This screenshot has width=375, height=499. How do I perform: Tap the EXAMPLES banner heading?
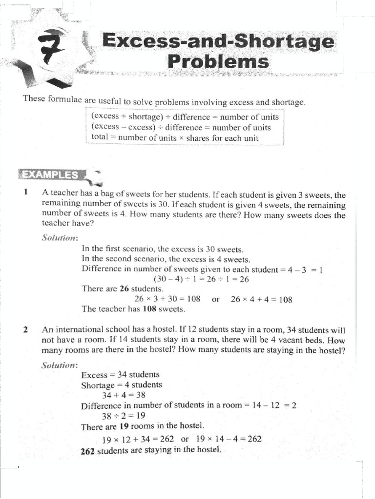tap(49, 175)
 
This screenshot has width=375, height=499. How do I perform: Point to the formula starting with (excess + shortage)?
tap(185, 117)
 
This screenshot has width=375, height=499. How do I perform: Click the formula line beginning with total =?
tap(174, 137)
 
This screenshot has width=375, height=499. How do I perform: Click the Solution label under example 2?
tap(60, 365)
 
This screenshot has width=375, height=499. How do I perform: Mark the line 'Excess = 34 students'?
tap(121, 375)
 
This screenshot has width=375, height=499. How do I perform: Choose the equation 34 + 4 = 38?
tap(124, 395)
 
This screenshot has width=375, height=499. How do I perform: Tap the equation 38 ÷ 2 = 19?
tap(124, 416)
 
